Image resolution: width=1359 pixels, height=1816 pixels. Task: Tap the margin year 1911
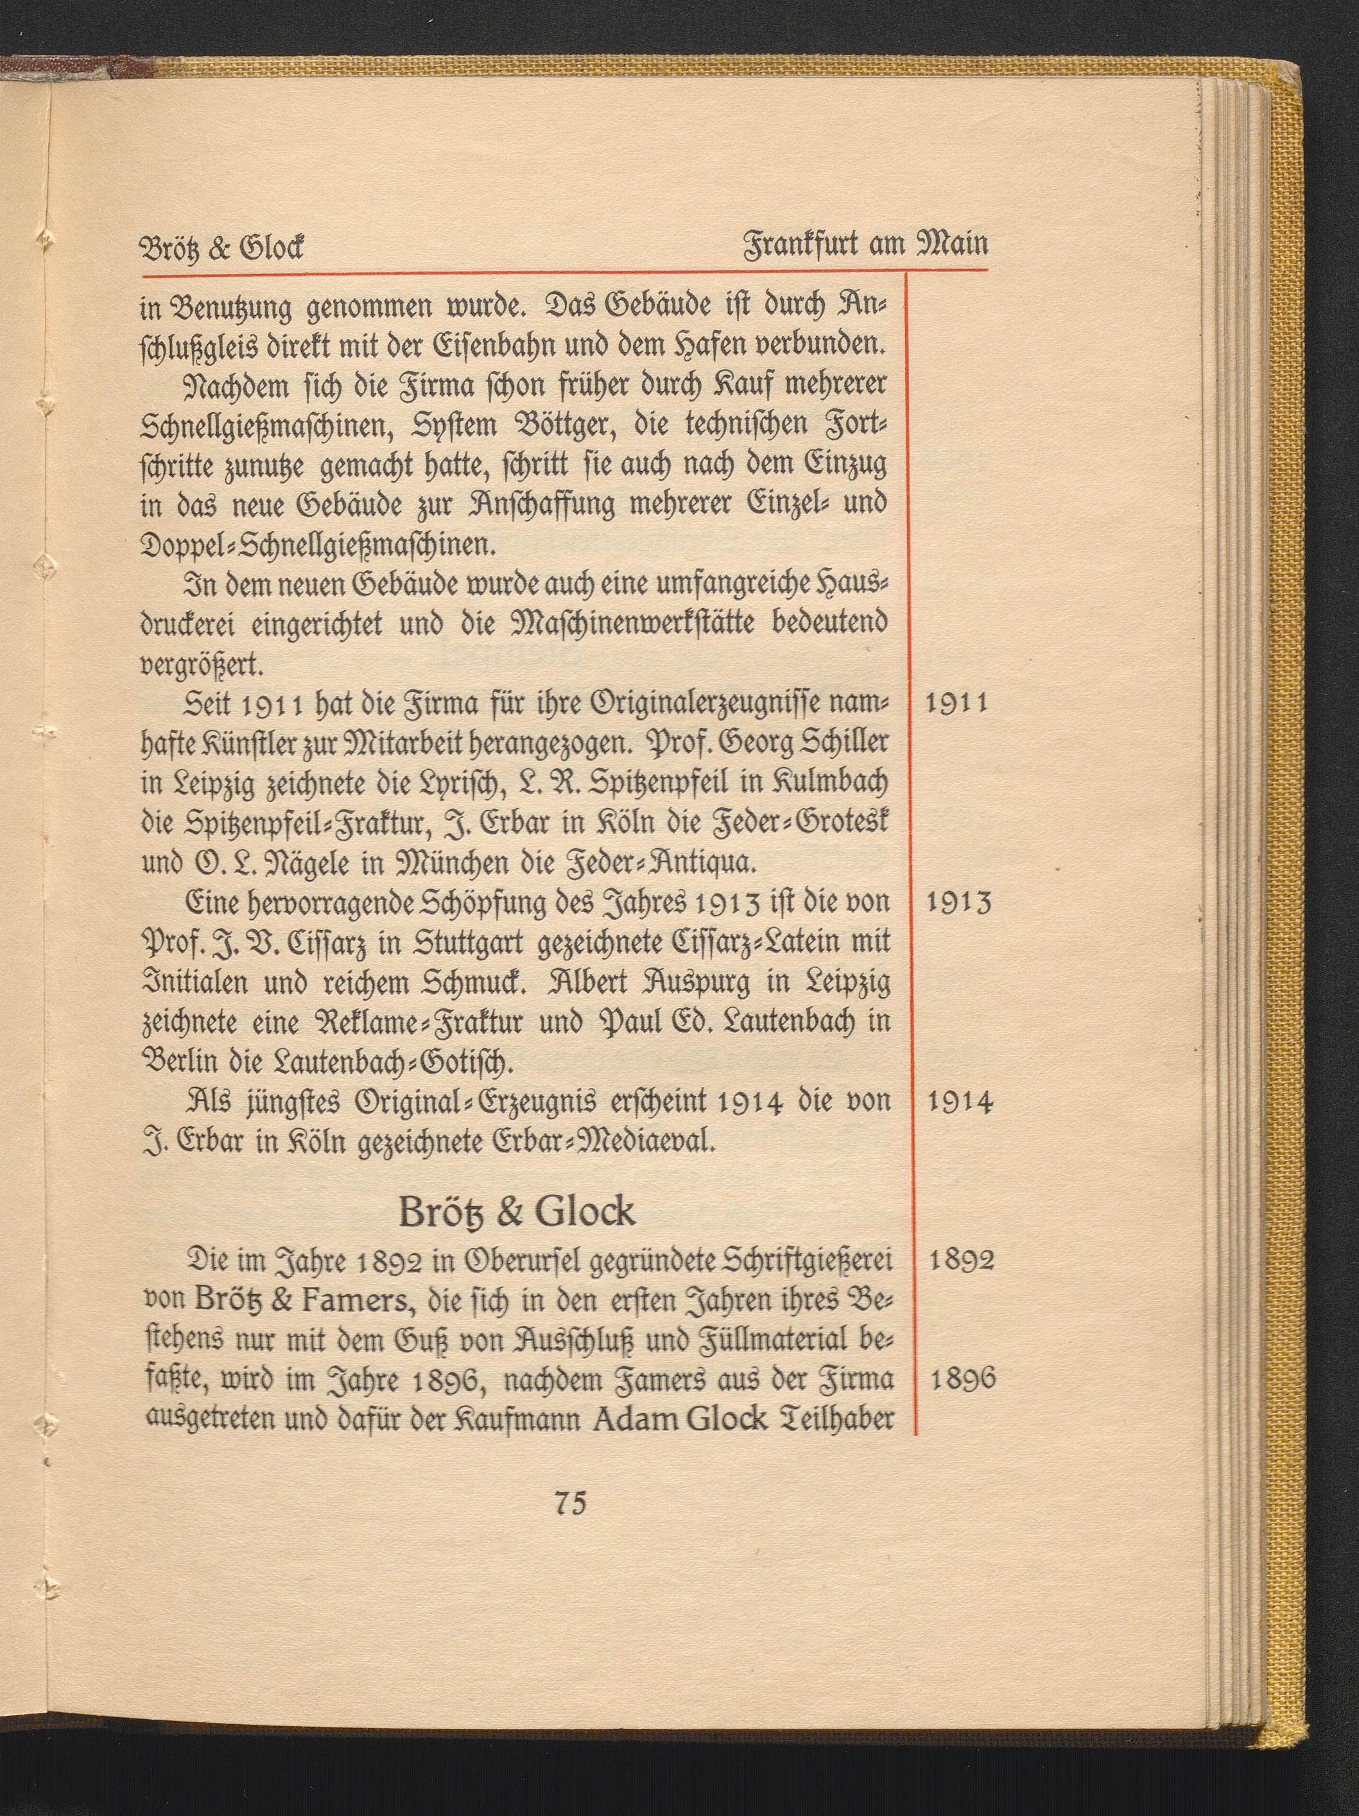click(x=956, y=704)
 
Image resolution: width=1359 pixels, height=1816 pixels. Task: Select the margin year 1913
click(x=958, y=903)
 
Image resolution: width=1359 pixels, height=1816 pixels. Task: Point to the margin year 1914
click(x=960, y=1102)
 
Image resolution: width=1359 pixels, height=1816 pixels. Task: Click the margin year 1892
click(x=961, y=1260)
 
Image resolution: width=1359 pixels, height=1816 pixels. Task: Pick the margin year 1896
click(x=962, y=1379)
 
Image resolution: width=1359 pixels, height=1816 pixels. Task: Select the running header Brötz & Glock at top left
click(x=221, y=247)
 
